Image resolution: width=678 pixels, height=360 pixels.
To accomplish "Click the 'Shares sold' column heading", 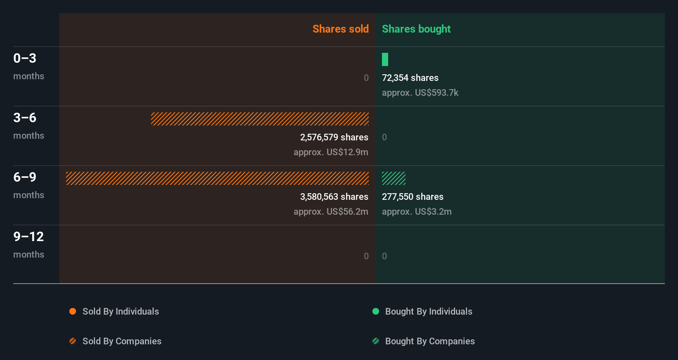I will pyautogui.click(x=340, y=29).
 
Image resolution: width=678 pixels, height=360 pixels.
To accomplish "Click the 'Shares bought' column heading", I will pyautogui.click(x=416, y=29).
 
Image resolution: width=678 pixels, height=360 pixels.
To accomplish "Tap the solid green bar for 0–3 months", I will pyautogui.click(x=385, y=59).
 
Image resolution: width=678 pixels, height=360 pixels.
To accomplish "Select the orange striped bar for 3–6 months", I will pyautogui.click(x=260, y=119).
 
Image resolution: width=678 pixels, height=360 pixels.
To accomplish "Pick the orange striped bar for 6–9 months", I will pyautogui.click(x=217, y=178).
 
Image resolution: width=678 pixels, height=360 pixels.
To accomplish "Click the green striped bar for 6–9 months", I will pyautogui.click(x=394, y=178).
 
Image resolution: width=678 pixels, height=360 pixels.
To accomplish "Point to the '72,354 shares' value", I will pyautogui.click(x=410, y=78).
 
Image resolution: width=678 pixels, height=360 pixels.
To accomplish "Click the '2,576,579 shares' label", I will pyautogui.click(x=334, y=137).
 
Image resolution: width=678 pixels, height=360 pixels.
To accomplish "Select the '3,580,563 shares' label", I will pyautogui.click(x=334, y=197).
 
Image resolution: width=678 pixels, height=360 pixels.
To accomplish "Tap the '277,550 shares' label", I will pyautogui.click(x=412, y=197).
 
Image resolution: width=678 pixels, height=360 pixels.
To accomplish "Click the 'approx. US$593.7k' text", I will pyautogui.click(x=420, y=92).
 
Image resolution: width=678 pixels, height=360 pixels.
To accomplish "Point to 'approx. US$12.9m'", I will pyautogui.click(x=331, y=152).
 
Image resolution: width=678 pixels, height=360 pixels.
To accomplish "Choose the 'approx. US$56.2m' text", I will pyautogui.click(x=331, y=211).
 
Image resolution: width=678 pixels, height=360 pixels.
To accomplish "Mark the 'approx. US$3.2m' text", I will pyautogui.click(x=417, y=211).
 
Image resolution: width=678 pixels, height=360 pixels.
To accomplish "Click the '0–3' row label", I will pyautogui.click(x=25, y=58).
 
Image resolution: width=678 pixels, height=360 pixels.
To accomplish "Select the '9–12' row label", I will pyautogui.click(x=28, y=237).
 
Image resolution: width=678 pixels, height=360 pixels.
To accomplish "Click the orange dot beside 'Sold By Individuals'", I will pyautogui.click(x=73, y=311).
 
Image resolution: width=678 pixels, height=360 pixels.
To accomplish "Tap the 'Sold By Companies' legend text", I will pyautogui.click(x=122, y=341).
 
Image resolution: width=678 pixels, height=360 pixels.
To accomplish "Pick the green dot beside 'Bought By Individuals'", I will pyautogui.click(x=376, y=311).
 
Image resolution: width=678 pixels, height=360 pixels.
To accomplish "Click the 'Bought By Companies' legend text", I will pyautogui.click(x=430, y=341).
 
